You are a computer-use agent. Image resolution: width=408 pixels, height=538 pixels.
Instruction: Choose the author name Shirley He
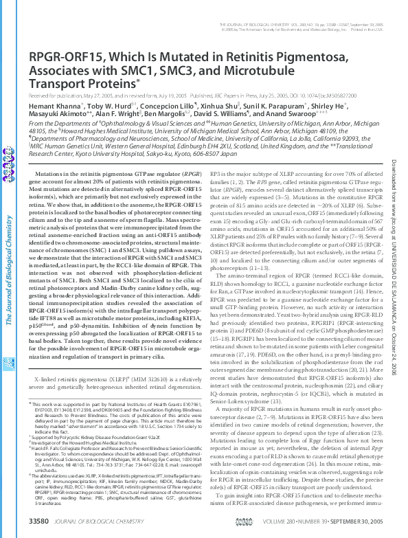[x=332, y=107]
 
